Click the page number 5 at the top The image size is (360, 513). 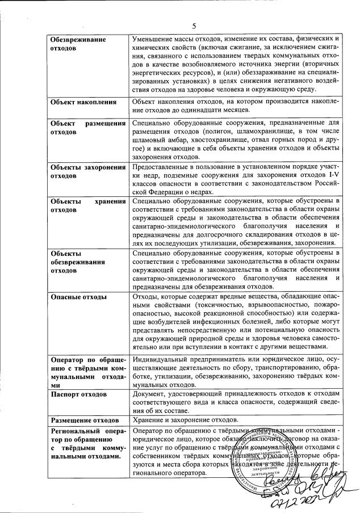194,26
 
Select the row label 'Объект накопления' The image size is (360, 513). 83,102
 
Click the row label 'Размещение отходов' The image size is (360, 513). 85,421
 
